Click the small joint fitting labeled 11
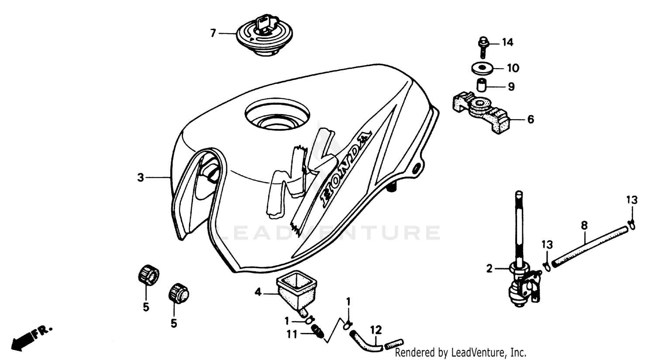(x=318, y=335)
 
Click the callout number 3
(x=141, y=177)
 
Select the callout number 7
(x=213, y=33)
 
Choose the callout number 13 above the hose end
(x=632, y=201)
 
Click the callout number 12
(x=376, y=330)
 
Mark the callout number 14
(x=507, y=42)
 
